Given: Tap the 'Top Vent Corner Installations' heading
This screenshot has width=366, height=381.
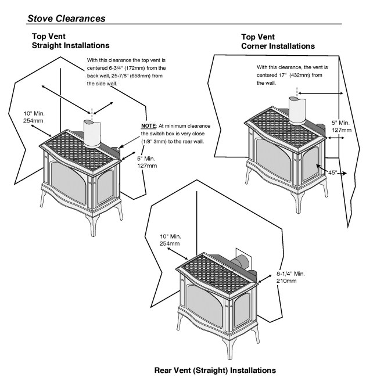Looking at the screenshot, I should tap(278, 41).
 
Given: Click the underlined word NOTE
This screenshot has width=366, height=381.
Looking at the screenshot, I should tap(150, 125).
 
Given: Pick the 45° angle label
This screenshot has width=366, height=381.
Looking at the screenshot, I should tap(333, 173).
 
